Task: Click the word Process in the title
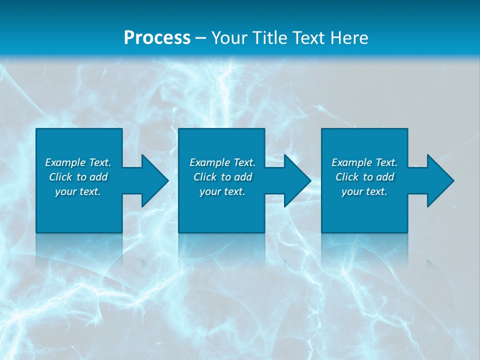tap(157, 38)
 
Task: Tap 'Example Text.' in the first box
tap(78, 162)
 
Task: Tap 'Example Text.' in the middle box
tap(222, 162)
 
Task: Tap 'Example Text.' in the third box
tap(364, 162)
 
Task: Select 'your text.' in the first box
tap(78, 191)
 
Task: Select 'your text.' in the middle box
tap(222, 191)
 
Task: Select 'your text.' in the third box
tap(364, 191)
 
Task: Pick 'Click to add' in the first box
tap(78, 177)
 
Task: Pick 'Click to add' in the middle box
tap(222, 177)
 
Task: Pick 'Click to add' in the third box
tap(364, 177)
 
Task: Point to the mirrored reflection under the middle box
tap(221, 247)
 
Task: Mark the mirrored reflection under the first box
tap(79, 247)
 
